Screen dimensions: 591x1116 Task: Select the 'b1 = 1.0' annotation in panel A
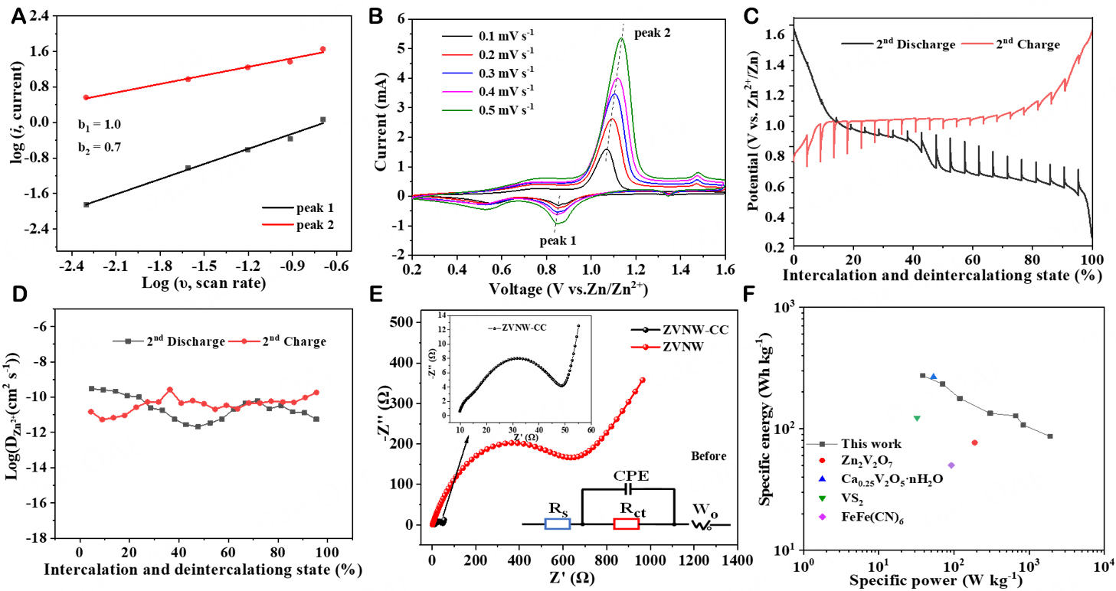pyautogui.click(x=100, y=124)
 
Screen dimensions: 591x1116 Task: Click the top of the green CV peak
pyautogui.click(x=622, y=38)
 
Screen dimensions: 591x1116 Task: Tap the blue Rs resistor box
pyautogui.click(x=557, y=524)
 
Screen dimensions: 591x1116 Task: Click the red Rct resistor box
pyautogui.click(x=626, y=524)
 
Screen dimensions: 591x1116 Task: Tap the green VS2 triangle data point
pyautogui.click(x=917, y=418)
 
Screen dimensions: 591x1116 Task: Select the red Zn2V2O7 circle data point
pyautogui.click(x=974, y=442)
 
